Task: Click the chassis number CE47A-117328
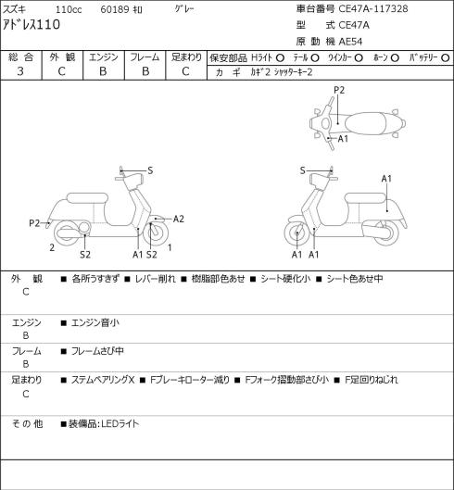click(373, 8)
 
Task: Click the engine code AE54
click(350, 42)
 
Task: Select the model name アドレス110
click(32, 25)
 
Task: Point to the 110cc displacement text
click(69, 9)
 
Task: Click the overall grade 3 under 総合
click(20, 71)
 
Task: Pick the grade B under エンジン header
click(103, 71)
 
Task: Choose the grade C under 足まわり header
click(185, 71)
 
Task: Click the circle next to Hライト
click(280, 57)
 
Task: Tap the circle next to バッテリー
click(446, 57)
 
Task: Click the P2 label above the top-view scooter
click(339, 91)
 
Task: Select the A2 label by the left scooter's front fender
click(179, 219)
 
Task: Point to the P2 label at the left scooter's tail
click(34, 223)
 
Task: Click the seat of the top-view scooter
click(365, 123)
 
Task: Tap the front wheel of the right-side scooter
click(298, 233)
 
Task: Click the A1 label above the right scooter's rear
click(386, 179)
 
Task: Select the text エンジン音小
click(95, 322)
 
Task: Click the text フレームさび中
click(97, 351)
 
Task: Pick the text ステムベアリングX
click(103, 380)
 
